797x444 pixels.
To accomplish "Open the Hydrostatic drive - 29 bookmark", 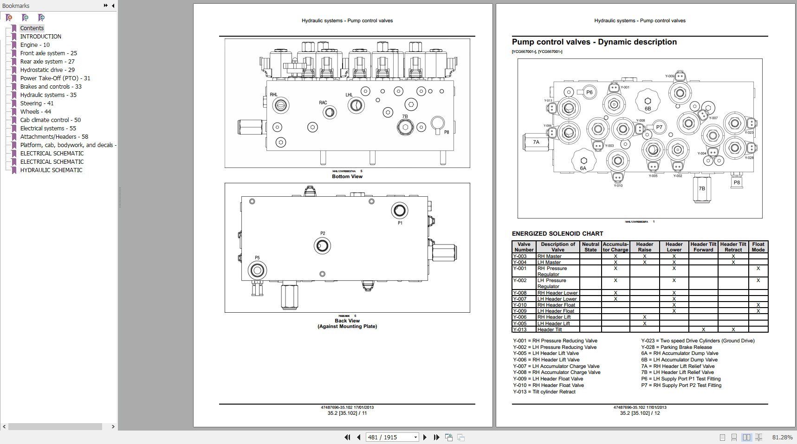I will (47, 70).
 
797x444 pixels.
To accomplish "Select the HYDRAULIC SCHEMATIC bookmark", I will (51, 170).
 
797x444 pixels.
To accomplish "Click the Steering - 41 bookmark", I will (37, 103).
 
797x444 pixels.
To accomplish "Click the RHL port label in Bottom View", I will (274, 95).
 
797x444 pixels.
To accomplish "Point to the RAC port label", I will (323, 103).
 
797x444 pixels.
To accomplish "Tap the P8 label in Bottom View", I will (447, 132).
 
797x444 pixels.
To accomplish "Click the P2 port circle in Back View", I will (322, 245).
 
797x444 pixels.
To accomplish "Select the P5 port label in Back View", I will (257, 257).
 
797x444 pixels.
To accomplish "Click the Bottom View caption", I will (347, 176).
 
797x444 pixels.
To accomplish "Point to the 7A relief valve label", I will (536, 142).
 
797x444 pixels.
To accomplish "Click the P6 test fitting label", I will (589, 92).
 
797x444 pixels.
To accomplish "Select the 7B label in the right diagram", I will (702, 188).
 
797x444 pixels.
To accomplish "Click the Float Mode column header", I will (758, 247).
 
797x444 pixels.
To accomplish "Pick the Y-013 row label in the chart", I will (520, 329).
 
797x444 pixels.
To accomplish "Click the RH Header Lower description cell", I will (557, 293).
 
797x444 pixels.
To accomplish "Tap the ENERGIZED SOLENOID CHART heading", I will (557, 233).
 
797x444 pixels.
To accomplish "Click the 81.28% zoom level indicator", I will (782, 437).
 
